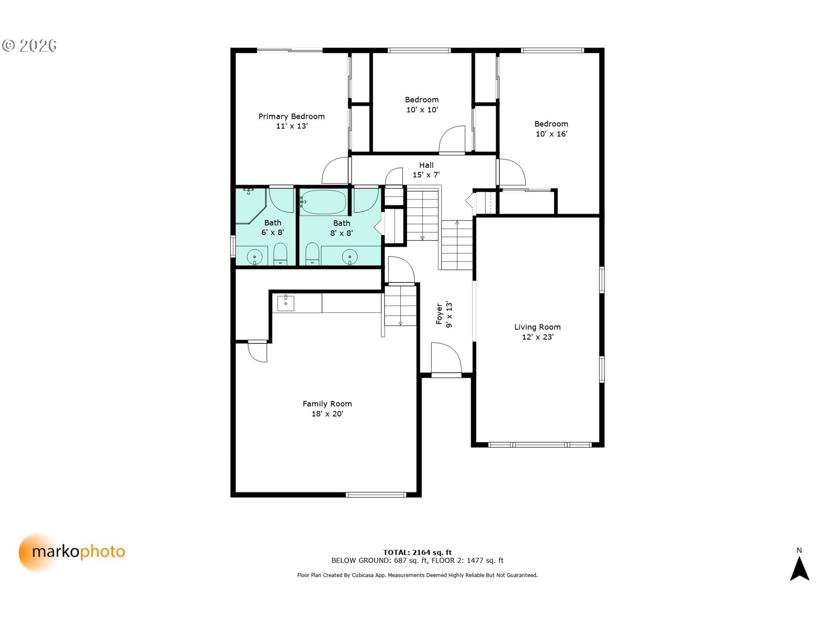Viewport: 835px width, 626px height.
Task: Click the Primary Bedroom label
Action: tap(291, 116)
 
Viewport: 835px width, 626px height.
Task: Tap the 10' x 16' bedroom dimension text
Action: tap(551, 134)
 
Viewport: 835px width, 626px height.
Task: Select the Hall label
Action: tap(426, 165)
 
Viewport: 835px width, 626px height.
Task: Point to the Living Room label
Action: tap(538, 327)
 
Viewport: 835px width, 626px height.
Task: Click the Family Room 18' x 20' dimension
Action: tap(327, 414)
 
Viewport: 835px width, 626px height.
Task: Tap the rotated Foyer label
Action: tap(439, 314)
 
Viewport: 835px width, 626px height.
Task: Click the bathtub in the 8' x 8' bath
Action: tap(324, 202)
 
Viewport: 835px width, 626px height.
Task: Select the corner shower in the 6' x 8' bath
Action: tap(250, 206)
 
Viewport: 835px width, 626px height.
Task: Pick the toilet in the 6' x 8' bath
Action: tap(281, 254)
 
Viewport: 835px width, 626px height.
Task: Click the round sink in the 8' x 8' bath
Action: tap(350, 257)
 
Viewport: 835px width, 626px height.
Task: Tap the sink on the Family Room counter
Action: tap(286, 303)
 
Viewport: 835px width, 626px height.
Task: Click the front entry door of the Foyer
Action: tap(446, 359)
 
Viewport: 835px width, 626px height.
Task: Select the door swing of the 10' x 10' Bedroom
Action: tap(452, 140)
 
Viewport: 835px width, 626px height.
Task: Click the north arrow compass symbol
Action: tap(799, 568)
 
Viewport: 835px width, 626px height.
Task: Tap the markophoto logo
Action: tap(72, 552)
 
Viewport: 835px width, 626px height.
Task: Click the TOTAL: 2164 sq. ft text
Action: tap(417, 553)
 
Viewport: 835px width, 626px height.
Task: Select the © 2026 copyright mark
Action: tap(30, 45)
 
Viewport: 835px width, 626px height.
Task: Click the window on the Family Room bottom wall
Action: tap(376, 495)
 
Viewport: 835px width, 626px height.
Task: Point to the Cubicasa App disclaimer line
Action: tap(417, 575)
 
